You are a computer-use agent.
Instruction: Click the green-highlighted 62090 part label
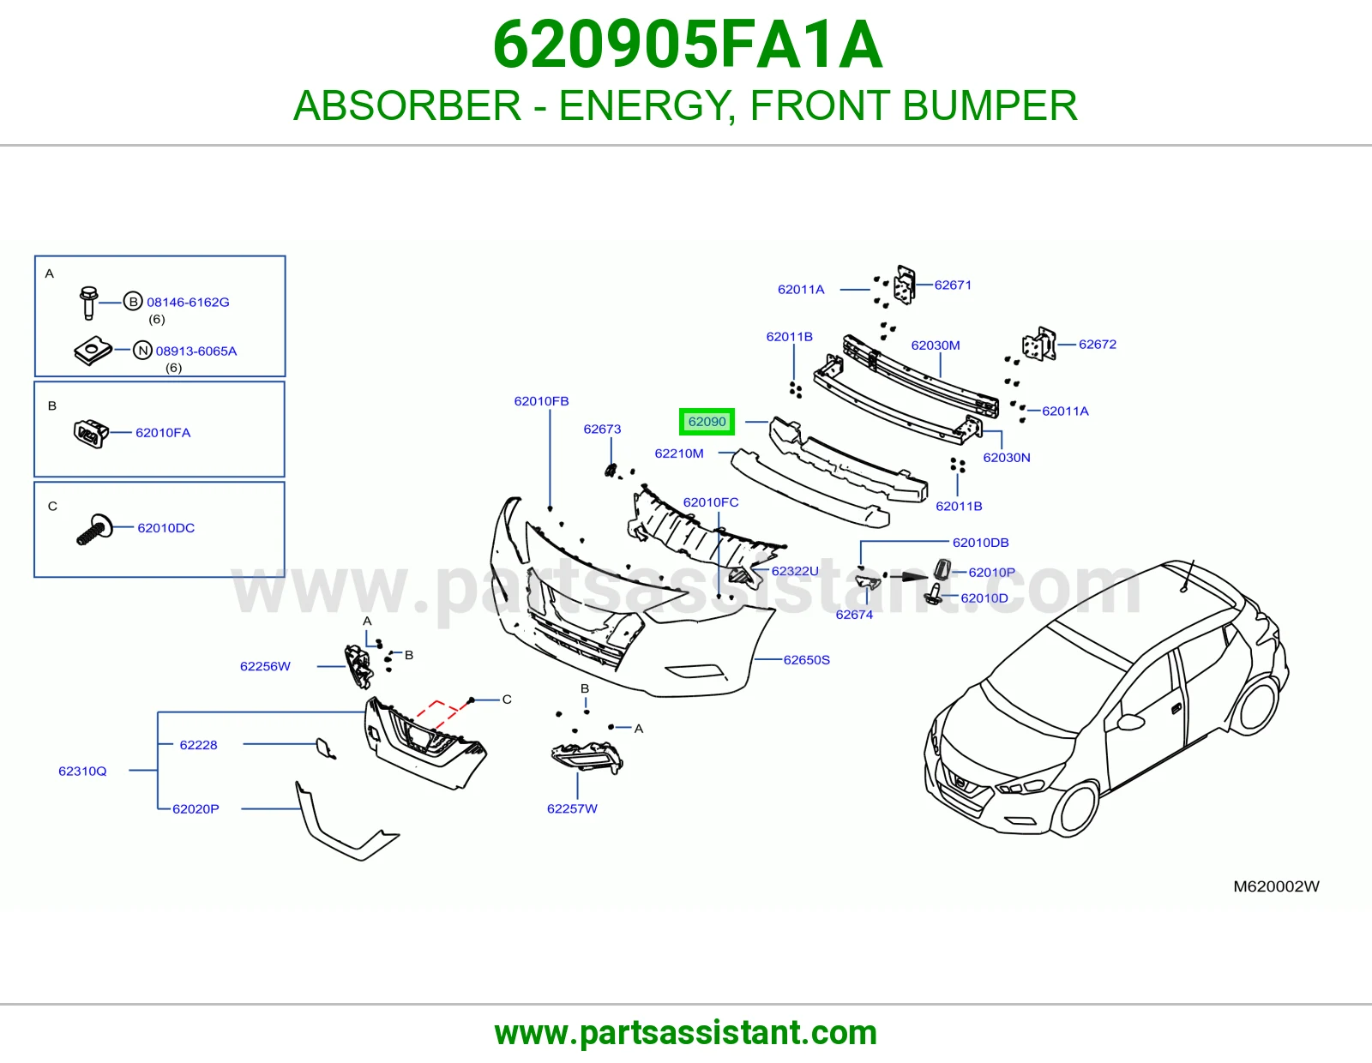pos(707,422)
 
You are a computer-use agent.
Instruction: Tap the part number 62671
pos(953,285)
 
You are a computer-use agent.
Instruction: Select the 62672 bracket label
pos(1098,345)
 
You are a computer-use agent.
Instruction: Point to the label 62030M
pos(935,346)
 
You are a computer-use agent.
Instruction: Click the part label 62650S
pos(806,660)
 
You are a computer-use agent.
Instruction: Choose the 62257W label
pos(572,809)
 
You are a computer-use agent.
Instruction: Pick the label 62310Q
pos(82,772)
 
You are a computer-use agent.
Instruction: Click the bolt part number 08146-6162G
pos(188,303)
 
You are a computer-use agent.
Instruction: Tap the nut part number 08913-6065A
pos(196,351)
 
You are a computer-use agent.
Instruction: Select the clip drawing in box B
pos(91,433)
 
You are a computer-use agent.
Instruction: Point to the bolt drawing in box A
pos(88,303)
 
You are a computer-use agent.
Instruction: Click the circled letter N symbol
pos(142,351)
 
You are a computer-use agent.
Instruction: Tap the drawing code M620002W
pos(1276,887)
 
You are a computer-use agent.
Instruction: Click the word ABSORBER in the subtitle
pos(407,106)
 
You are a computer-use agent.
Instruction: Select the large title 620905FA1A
pos(687,45)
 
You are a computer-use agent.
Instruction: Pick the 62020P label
pos(196,809)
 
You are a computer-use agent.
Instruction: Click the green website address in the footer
pos(686,1033)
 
